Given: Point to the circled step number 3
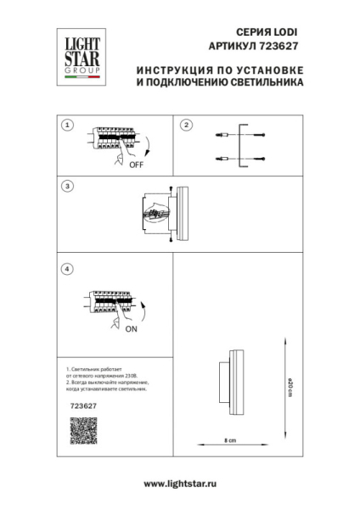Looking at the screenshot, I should (x=68, y=186).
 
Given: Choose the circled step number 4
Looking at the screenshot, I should (x=68, y=269).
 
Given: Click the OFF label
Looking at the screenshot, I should (x=136, y=165).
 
